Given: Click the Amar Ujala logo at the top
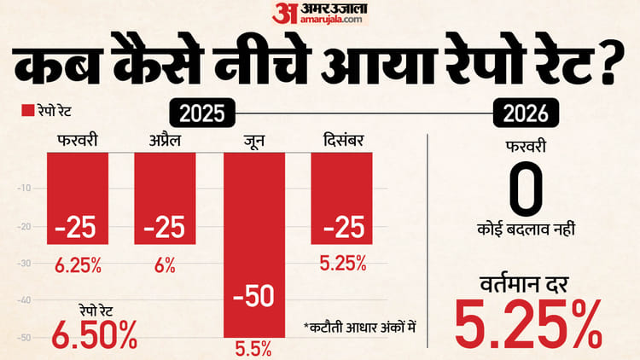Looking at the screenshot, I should pyautogui.click(x=320, y=15).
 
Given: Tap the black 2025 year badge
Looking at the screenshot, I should pyautogui.click(x=203, y=112).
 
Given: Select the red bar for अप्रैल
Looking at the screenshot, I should pyautogui.click(x=166, y=196).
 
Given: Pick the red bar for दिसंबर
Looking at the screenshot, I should pyautogui.click(x=341, y=196).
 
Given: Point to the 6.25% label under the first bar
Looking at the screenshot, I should pyautogui.click(x=77, y=264).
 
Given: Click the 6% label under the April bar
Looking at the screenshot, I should pyautogui.click(x=165, y=264).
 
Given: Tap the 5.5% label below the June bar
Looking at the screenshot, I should pyautogui.click(x=253, y=348).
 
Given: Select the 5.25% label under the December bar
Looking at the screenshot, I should pyautogui.click(x=341, y=264).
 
